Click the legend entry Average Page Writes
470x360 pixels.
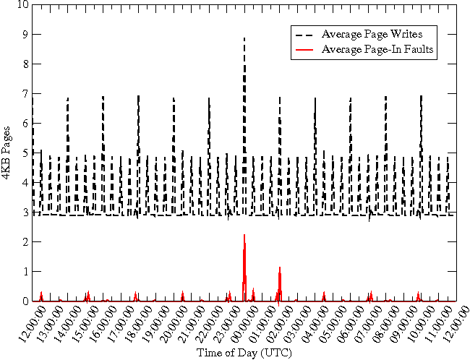[372, 34]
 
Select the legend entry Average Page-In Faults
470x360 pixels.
[377, 49]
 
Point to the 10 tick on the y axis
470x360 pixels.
[23, 4]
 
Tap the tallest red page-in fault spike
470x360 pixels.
[244, 235]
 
